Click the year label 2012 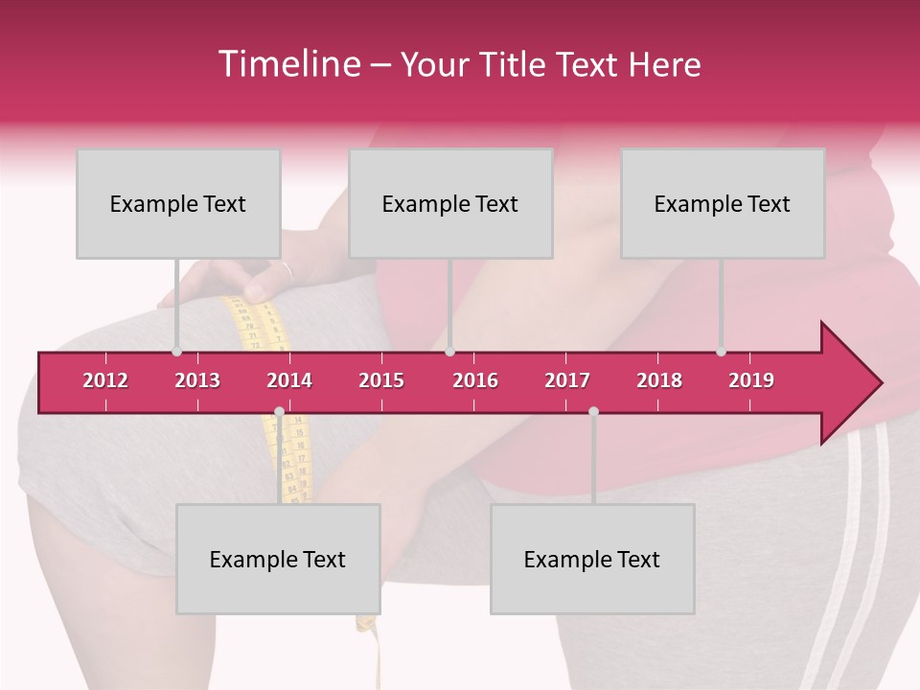[x=105, y=380]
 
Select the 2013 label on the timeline [x=197, y=380]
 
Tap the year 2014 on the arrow [x=289, y=380]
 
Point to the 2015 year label [x=381, y=380]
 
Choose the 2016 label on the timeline [x=475, y=380]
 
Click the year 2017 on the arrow [x=567, y=380]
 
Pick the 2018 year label [x=659, y=380]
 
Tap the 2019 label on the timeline [x=751, y=380]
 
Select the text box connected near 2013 [x=178, y=203]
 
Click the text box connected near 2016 [x=450, y=203]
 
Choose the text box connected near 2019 [x=723, y=203]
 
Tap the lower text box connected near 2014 [x=278, y=559]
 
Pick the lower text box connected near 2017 [x=592, y=559]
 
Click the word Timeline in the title [x=287, y=64]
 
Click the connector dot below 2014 [x=279, y=412]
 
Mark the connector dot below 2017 [x=593, y=412]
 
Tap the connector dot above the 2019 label [x=721, y=352]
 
